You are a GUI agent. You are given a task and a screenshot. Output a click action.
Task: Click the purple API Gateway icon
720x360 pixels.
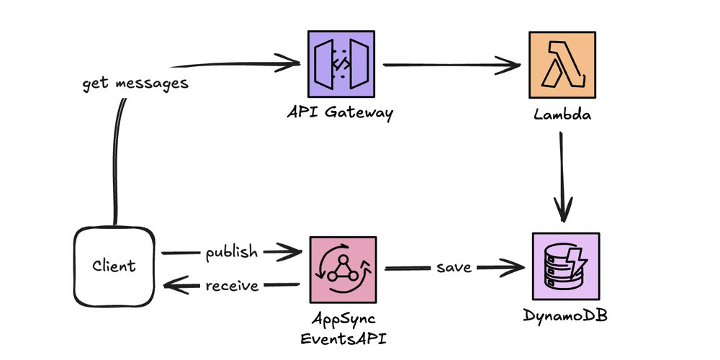[341, 64]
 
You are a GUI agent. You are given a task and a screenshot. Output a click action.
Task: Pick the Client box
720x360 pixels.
[114, 267]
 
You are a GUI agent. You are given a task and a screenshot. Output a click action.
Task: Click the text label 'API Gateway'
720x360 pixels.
[341, 114]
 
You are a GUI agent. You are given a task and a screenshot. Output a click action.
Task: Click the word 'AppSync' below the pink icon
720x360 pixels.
[343, 318]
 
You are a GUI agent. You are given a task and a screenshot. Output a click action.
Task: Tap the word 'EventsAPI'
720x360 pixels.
[343, 336]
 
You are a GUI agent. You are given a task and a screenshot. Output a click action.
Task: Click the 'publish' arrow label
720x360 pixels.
[230, 252]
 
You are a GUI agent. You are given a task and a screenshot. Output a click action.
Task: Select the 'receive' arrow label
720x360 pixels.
[232, 286]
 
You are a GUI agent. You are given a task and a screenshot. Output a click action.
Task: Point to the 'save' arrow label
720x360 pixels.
[454, 268]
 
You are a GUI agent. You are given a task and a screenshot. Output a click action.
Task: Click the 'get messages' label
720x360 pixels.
[135, 83]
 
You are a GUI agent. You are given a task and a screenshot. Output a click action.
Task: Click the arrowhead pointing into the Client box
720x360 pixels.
[171, 287]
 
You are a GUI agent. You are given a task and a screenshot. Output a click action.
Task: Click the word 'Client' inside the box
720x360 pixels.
[114, 267]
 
